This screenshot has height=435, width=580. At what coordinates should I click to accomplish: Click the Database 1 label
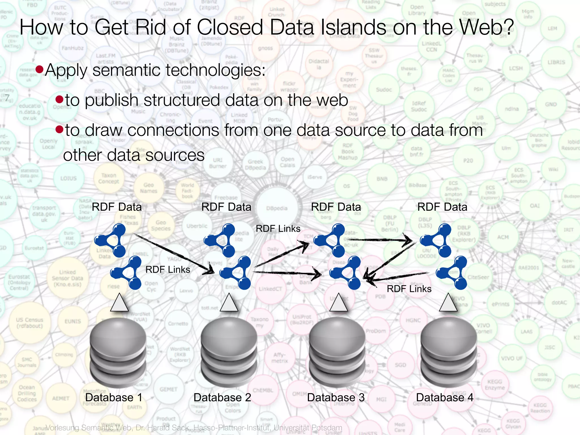(114, 397)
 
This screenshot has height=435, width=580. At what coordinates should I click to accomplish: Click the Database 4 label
(445, 397)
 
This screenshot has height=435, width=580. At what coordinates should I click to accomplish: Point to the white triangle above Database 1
(119, 303)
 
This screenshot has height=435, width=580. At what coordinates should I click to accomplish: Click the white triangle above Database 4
(448, 303)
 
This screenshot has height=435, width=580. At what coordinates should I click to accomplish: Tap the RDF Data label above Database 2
(226, 207)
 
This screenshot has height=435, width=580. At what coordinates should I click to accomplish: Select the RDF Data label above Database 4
(442, 207)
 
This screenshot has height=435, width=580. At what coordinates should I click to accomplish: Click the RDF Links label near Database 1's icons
(168, 269)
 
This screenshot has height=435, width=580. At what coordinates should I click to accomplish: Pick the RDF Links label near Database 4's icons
(409, 289)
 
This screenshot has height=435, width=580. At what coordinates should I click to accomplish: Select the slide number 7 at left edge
(7, 98)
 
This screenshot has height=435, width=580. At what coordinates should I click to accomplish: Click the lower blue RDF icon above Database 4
(452, 273)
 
